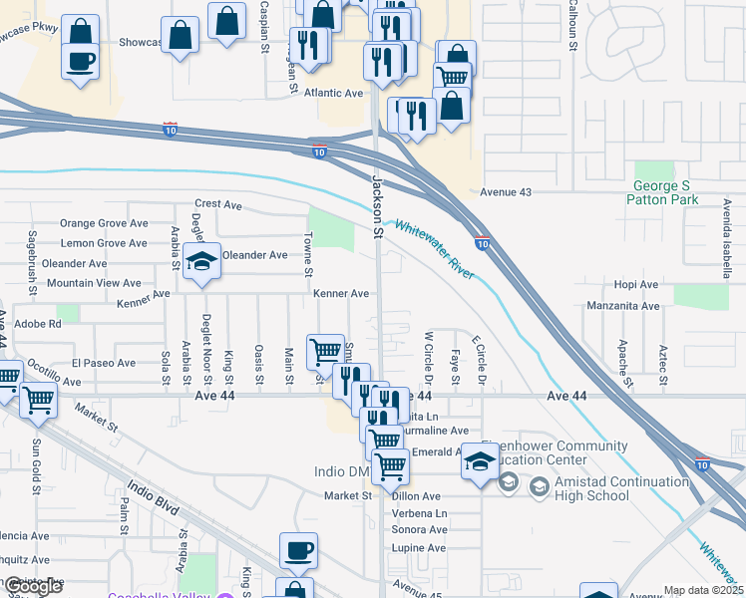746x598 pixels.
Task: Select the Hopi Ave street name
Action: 636,284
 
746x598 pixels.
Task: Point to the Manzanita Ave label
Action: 623,305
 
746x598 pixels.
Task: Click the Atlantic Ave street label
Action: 335,93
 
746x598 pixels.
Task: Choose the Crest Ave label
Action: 218,204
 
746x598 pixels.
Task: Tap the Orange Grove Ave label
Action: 104,223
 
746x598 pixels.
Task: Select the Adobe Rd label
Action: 40,323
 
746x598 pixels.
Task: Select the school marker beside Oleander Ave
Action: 201,263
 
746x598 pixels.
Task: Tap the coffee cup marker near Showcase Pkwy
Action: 80,59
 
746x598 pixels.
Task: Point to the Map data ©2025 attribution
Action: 702,590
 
